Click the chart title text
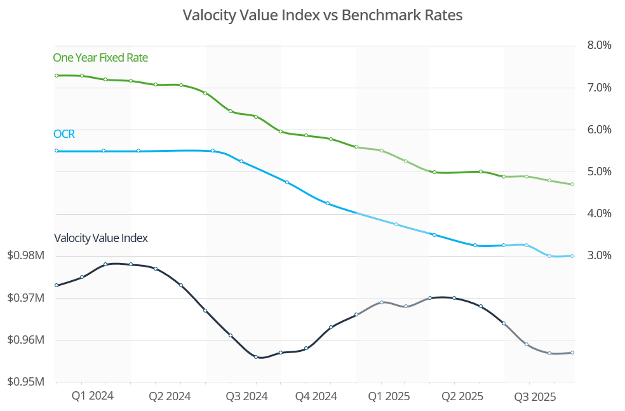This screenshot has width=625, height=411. (322, 15)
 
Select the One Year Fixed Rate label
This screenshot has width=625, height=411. (100, 58)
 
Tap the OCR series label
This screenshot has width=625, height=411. (64, 134)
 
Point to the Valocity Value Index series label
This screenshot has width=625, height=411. (101, 238)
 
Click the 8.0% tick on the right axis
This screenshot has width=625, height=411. (598, 46)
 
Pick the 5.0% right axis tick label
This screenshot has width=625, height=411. (598, 172)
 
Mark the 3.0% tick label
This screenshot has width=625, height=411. (598, 256)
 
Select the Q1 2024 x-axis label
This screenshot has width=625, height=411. (93, 396)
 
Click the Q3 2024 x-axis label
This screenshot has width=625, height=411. (246, 396)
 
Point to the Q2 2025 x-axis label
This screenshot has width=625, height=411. (462, 396)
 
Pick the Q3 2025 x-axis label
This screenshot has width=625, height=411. (535, 396)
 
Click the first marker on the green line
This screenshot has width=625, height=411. (57, 76)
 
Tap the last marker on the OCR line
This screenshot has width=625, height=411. (572, 256)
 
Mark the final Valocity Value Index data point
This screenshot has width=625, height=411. (572, 353)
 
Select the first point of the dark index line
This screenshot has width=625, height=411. (57, 285)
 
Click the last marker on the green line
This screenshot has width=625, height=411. (572, 184)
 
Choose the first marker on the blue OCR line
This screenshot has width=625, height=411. (57, 151)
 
